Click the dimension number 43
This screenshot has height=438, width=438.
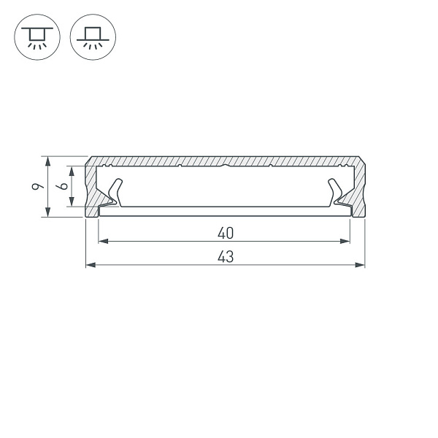[225, 256]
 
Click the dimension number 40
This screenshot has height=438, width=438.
[225, 234]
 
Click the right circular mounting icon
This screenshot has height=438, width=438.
[93, 36]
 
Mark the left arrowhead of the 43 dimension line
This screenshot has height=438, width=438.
[90, 264]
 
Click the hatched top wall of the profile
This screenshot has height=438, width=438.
[225, 161]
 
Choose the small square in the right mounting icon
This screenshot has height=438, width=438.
[93, 32]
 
